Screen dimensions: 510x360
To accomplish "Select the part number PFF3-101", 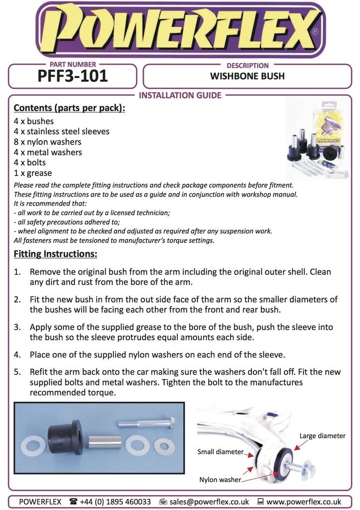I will tap(73, 77).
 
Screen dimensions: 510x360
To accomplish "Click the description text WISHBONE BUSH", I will tap(247, 77).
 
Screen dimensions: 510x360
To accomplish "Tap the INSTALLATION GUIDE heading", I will tap(180, 95).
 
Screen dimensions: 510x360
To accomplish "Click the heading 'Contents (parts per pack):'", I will tap(69, 108).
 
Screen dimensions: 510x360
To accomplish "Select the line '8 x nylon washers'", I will tap(48, 142).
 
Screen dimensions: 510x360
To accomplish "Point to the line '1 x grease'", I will tap(33, 173).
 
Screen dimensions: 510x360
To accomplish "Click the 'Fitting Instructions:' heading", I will tap(55, 255).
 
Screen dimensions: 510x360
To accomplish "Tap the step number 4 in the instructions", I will tap(17, 355).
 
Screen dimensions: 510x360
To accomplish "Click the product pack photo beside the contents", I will tap(317, 140).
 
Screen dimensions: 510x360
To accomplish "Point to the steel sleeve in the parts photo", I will tap(105, 442).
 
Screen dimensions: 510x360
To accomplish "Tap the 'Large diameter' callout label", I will tap(322, 436).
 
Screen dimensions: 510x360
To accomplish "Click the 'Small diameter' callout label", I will tap(221, 452).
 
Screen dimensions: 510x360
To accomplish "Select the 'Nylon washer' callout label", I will tap(220, 480).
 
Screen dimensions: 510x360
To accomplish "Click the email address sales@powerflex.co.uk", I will tap(209, 502).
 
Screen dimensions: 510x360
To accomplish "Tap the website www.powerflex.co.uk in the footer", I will tap(304, 502).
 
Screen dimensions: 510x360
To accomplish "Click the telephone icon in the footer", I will tap(74, 502).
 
